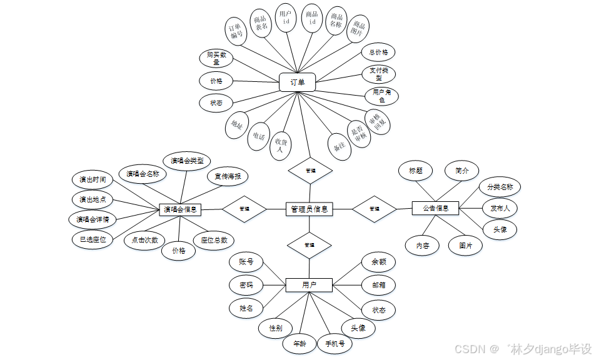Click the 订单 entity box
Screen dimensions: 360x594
click(297, 82)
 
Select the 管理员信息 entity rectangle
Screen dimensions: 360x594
click(309, 209)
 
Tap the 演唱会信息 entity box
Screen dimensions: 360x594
click(181, 209)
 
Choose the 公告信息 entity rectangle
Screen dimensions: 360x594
click(436, 208)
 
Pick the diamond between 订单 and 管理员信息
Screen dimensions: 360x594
click(310, 170)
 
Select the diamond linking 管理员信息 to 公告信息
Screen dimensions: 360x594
click(374, 208)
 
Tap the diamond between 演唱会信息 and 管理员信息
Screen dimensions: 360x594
click(244, 209)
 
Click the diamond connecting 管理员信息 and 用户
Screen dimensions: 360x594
click(309, 245)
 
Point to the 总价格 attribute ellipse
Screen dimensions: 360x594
click(378, 52)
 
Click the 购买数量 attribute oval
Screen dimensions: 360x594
click(217, 59)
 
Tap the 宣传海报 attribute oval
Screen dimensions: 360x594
click(228, 176)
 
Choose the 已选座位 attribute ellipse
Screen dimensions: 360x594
click(93, 239)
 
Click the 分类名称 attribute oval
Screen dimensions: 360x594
click(500, 186)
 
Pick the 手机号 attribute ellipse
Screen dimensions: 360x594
click(335, 343)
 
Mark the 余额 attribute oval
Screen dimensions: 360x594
click(379, 262)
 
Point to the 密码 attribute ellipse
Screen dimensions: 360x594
click(246, 285)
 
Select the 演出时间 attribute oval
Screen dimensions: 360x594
click(93, 180)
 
